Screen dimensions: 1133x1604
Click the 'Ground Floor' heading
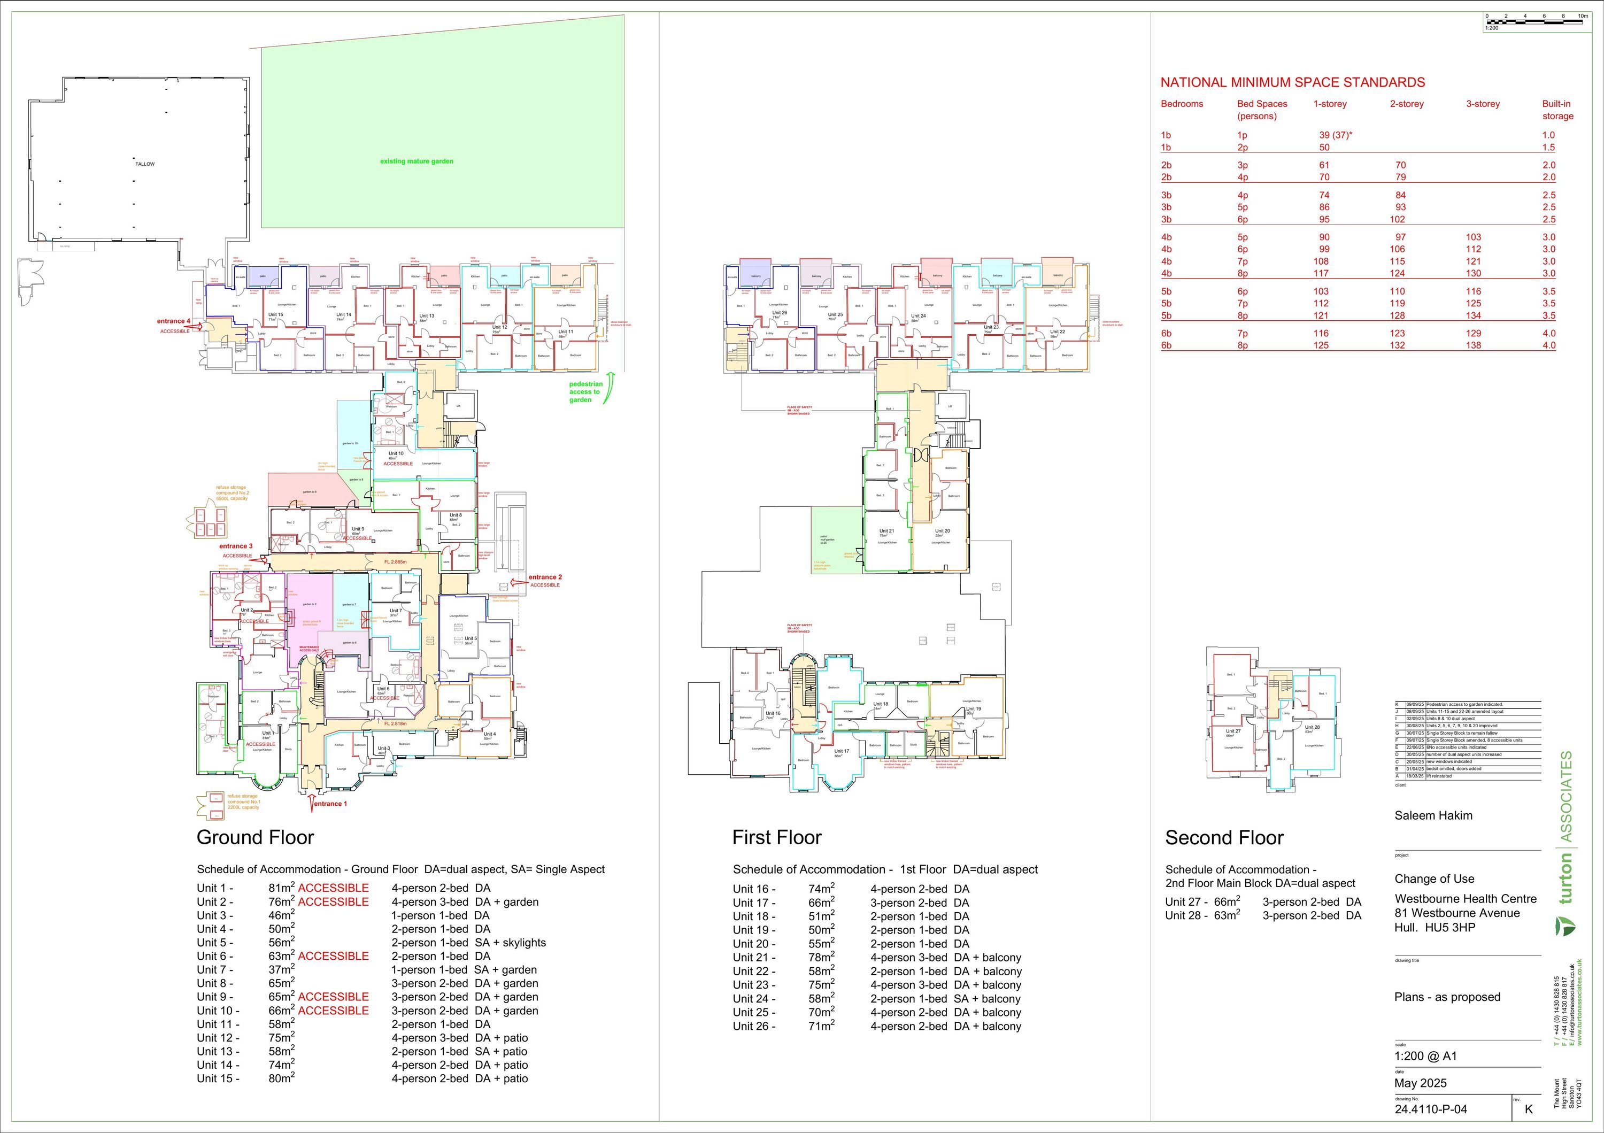click(255, 837)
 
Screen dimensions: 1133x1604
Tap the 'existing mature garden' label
click(417, 161)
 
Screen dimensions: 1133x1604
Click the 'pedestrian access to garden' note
click(585, 392)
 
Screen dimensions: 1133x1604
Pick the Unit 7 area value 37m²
click(282, 969)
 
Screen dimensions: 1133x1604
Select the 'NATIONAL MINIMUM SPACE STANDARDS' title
click(1292, 82)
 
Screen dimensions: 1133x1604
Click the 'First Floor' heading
click(777, 837)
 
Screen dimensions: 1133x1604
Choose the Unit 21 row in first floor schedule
click(877, 958)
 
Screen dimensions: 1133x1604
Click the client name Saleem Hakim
click(1433, 815)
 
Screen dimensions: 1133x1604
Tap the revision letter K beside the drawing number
click(1529, 1108)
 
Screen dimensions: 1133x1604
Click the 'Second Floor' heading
click(1224, 837)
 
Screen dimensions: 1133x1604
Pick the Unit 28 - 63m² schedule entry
click(1203, 916)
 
